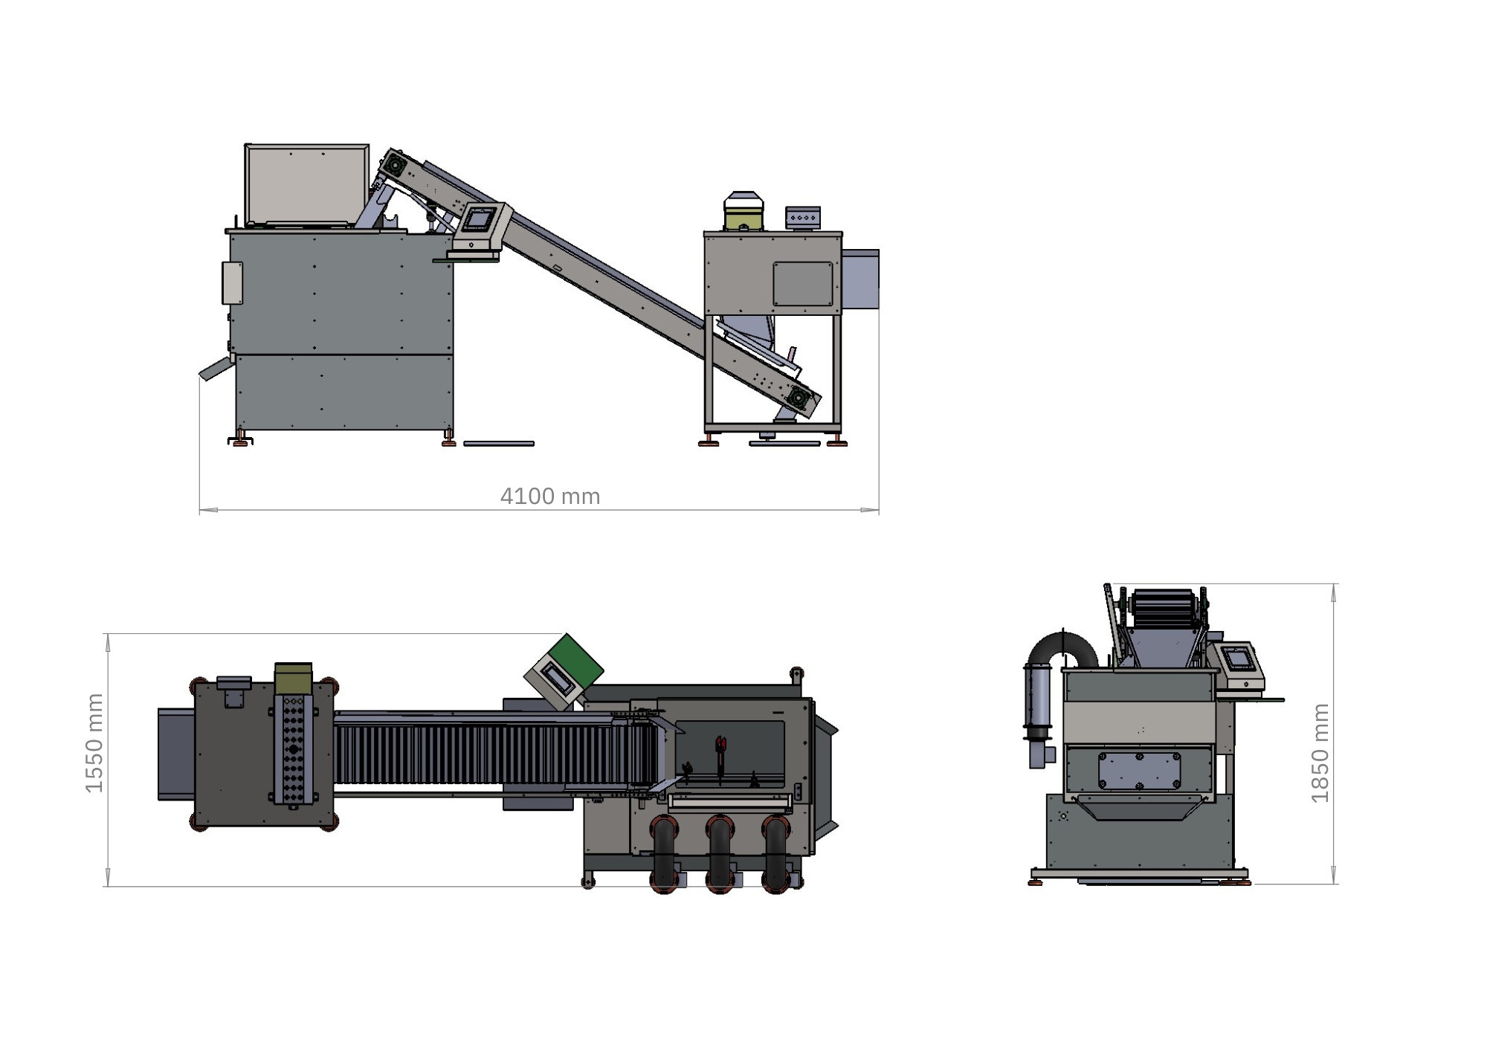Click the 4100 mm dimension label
(550, 496)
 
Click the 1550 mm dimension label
(94, 743)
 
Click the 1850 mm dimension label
(1320, 753)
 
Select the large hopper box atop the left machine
(307, 184)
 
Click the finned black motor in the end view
(1164, 608)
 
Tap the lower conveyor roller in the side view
(799, 398)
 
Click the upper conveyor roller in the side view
(395, 164)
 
